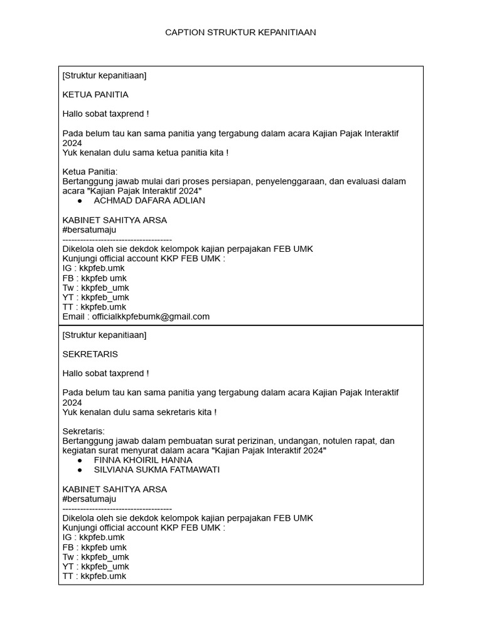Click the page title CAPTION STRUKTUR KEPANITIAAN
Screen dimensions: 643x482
240,32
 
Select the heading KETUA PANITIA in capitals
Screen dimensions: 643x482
95,95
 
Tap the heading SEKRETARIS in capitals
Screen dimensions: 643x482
90,354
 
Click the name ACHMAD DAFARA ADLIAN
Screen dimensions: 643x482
149,200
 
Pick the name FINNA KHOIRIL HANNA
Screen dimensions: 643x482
143,460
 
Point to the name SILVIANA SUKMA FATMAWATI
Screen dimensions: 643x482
157,469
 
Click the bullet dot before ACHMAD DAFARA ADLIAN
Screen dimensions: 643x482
80,201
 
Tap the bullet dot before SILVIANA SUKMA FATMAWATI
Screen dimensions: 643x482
80,470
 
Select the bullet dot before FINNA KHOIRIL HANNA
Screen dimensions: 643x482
80,460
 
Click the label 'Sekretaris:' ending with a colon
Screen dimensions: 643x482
84,431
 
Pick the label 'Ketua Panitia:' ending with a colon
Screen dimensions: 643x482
90,171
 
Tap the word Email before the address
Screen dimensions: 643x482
74,316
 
